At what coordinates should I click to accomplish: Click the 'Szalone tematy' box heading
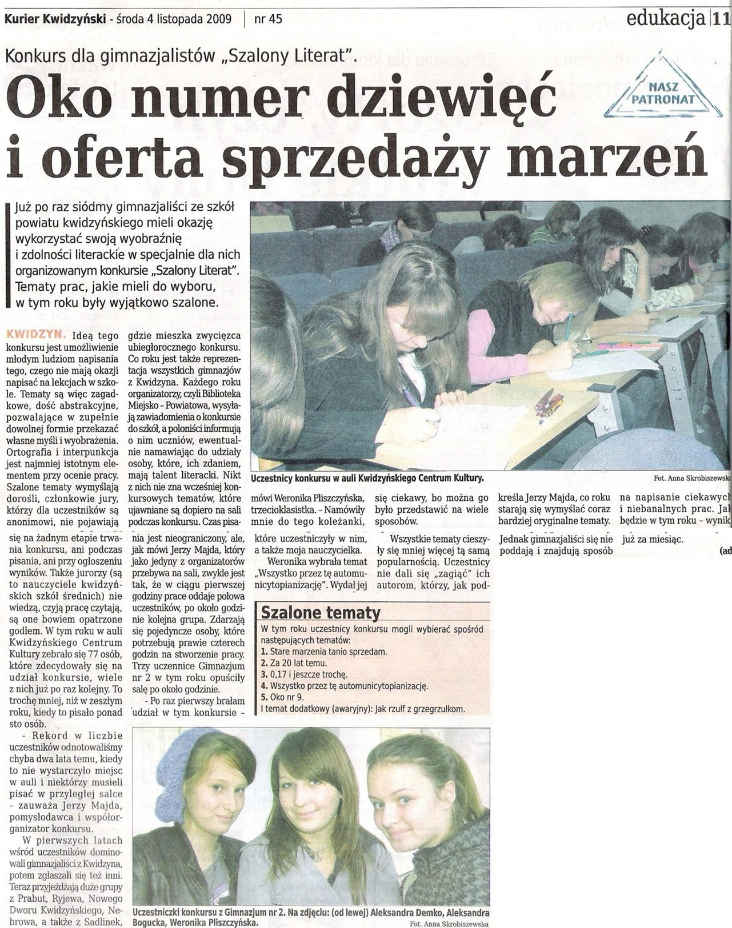pos(320,613)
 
